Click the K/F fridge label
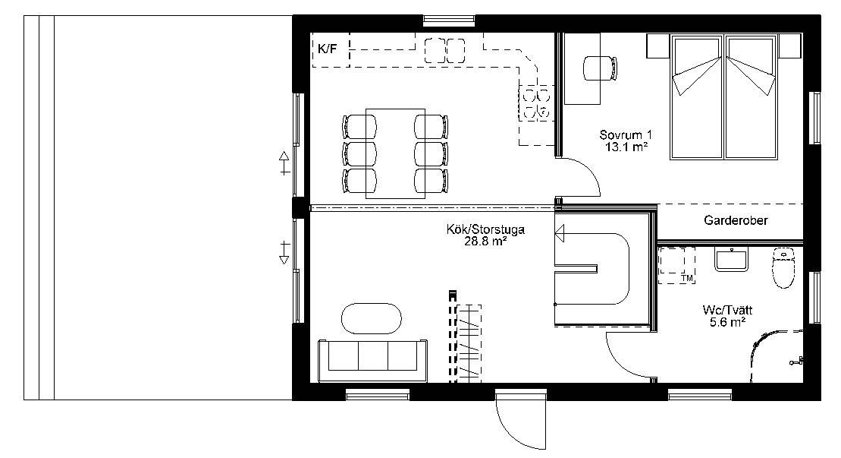(x=328, y=49)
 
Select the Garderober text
(x=736, y=220)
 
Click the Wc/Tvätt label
(x=727, y=311)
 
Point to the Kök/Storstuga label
(x=485, y=230)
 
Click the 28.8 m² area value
(x=485, y=242)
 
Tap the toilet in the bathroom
(x=783, y=268)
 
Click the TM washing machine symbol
(x=677, y=266)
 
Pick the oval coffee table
(x=371, y=318)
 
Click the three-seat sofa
(x=373, y=360)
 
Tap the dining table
(x=395, y=153)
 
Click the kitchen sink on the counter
(x=445, y=50)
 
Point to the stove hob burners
(x=536, y=103)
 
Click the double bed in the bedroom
(x=724, y=96)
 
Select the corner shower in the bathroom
(x=776, y=356)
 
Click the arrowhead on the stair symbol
(x=560, y=234)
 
